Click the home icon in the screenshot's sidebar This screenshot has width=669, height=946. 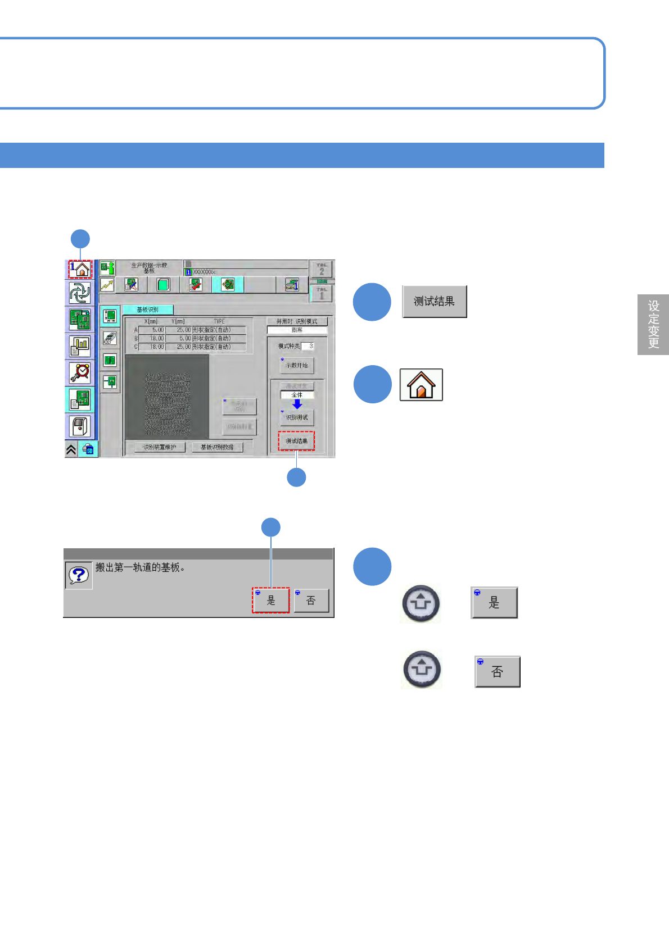[80, 269]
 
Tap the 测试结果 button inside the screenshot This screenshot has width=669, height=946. [296, 441]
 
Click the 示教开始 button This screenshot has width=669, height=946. [297, 365]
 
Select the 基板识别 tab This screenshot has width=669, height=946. [147, 310]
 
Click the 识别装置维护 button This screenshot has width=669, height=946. [160, 447]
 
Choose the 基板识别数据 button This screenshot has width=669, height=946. [217, 447]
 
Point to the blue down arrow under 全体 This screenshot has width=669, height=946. [297, 404]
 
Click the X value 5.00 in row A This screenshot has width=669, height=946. [152, 330]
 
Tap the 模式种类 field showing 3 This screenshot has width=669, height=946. [308, 346]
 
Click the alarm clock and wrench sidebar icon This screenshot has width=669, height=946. [80, 372]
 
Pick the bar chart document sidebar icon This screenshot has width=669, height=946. [80, 345]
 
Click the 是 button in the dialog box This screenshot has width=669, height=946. [271, 601]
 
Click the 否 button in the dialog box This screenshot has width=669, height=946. [311, 601]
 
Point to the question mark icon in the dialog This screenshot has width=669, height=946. [79, 575]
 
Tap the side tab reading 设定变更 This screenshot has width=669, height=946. [653, 324]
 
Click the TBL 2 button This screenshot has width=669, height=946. [322, 269]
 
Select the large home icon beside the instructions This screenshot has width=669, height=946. [421, 385]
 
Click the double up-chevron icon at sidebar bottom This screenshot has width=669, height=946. [71, 449]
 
